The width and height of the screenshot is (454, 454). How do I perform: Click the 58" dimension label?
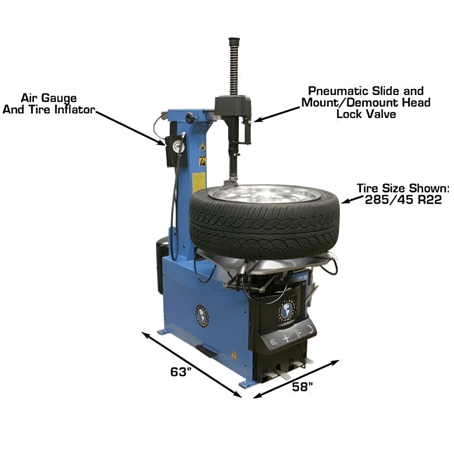[x=302, y=386]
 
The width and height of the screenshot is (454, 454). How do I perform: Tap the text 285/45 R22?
[x=403, y=200]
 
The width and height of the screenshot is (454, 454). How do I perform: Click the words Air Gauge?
[x=49, y=98]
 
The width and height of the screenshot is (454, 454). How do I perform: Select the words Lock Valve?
[x=366, y=114]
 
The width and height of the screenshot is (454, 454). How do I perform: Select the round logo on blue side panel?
[x=202, y=316]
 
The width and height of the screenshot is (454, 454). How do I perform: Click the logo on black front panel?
[x=287, y=310]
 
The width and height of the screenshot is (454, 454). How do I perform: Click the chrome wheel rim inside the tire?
[x=264, y=194]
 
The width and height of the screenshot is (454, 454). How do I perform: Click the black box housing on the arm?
[x=233, y=106]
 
